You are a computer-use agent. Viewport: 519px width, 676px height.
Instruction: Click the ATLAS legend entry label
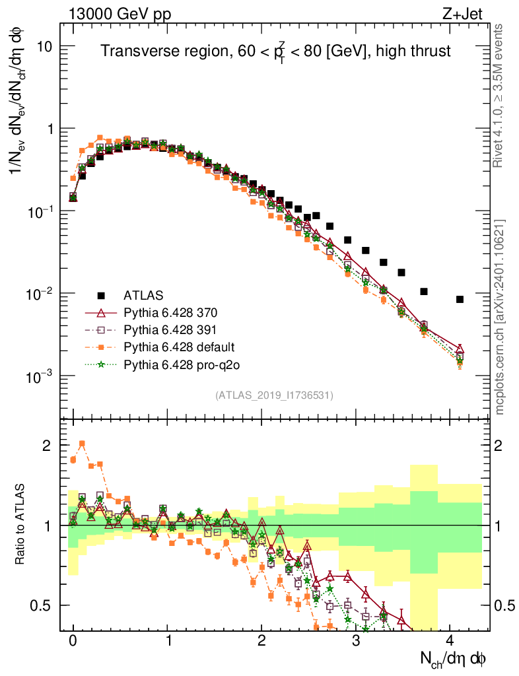click(143, 294)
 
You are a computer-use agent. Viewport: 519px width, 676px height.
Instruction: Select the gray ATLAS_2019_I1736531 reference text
click(274, 395)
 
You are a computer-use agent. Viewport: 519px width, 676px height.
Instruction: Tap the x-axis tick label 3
click(355, 640)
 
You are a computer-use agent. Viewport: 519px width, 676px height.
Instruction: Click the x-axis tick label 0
click(73, 640)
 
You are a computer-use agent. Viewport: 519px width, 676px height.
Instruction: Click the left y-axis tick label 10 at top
click(44, 47)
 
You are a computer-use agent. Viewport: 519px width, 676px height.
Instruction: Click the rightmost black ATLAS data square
click(460, 299)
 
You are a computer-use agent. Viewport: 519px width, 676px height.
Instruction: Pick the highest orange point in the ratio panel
click(82, 444)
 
